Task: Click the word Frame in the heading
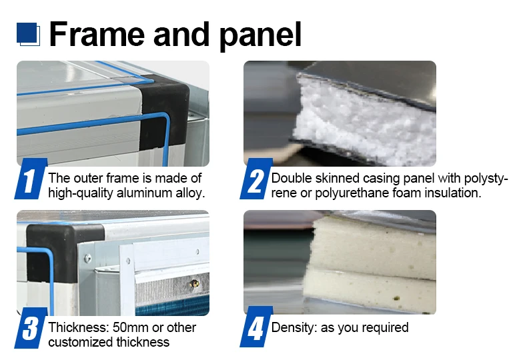(x=97, y=34)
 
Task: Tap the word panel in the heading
(x=260, y=36)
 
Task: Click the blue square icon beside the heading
(x=28, y=34)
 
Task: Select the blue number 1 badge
(x=30, y=179)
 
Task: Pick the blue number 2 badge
(x=255, y=179)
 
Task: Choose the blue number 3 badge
(x=30, y=328)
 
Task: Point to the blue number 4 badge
(x=255, y=327)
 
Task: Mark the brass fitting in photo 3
(x=194, y=284)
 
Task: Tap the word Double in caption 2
(x=292, y=178)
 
